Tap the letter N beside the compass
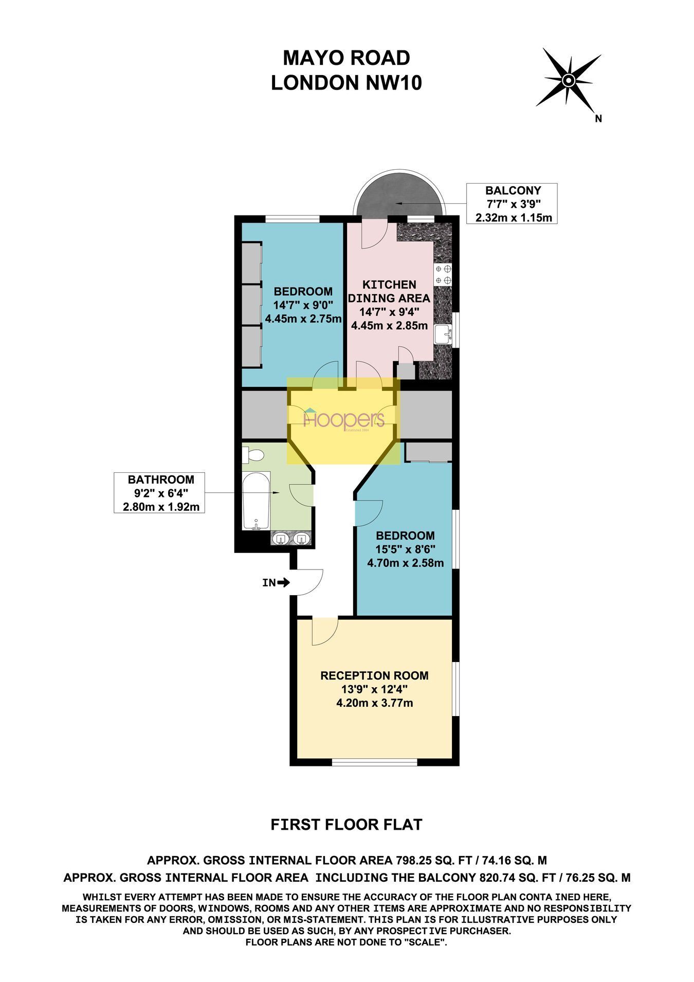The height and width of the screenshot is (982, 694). [x=598, y=119]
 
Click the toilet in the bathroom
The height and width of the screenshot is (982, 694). [x=253, y=455]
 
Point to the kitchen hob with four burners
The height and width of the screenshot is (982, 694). [x=444, y=274]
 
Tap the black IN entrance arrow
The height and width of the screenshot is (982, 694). [x=283, y=583]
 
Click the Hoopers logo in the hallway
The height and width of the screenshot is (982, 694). [x=344, y=419]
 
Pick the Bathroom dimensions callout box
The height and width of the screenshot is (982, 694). [x=160, y=493]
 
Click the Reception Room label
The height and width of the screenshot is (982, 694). [x=374, y=675]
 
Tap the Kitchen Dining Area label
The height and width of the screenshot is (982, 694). [x=389, y=291]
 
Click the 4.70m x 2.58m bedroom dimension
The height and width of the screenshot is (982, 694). [x=405, y=563]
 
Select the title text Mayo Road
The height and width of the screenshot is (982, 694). [x=346, y=58]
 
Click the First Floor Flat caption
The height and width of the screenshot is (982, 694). [x=346, y=825]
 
